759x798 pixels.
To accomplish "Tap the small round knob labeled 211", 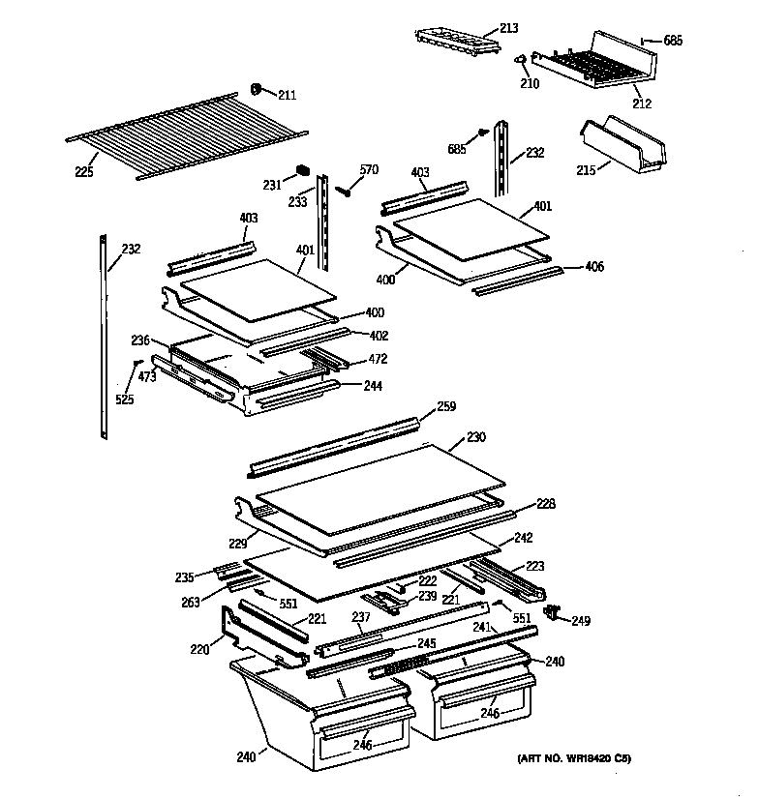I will [x=258, y=89].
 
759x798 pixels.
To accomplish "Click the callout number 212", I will [x=641, y=103].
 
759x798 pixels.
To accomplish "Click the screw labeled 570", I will [x=344, y=191].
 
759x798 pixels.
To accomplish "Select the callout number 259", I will [x=445, y=407].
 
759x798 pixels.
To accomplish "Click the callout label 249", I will [x=581, y=621].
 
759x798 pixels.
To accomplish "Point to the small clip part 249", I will [x=555, y=611].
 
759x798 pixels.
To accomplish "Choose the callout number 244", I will [x=372, y=386].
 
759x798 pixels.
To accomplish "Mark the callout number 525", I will [x=124, y=399].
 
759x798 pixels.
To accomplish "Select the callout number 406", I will [x=594, y=266].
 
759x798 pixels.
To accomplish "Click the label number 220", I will [x=199, y=650].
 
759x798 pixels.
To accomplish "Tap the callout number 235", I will [x=184, y=578].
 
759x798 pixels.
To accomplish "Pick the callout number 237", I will [x=360, y=618].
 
